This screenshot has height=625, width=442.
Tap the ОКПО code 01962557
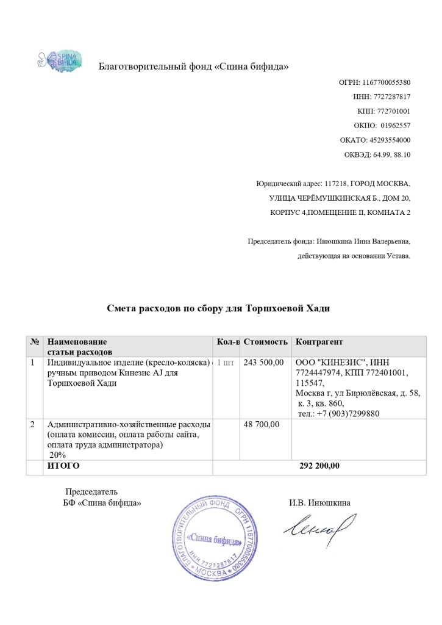tap(396, 126)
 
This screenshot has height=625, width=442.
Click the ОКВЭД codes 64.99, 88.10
tap(393, 155)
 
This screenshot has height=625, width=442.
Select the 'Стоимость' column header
tap(265, 342)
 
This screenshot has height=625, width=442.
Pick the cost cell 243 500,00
tap(263, 363)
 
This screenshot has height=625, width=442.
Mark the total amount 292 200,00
tap(319, 466)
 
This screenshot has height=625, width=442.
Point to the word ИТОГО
tap(63, 466)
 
